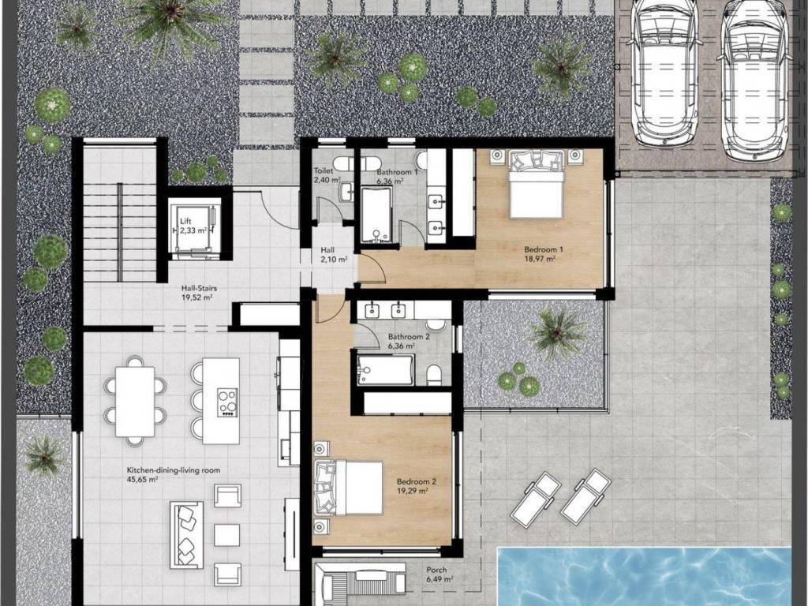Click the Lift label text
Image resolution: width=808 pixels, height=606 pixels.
pos(185,221)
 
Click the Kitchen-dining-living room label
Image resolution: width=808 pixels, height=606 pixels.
pos(173,470)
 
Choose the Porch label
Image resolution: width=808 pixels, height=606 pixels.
pos(436,570)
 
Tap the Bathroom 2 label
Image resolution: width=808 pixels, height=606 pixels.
pos(410,337)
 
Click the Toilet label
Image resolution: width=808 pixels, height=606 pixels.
pos(324,170)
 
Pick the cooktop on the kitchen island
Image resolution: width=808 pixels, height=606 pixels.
pos(226,402)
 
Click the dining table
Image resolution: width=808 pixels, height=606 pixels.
pos(135,402)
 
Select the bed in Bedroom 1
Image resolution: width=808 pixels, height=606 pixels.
pos(535,184)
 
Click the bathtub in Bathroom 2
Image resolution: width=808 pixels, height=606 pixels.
pos(384,370)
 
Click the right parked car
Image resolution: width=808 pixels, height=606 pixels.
pos(756,77)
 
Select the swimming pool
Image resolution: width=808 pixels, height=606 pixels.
pos(644,577)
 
